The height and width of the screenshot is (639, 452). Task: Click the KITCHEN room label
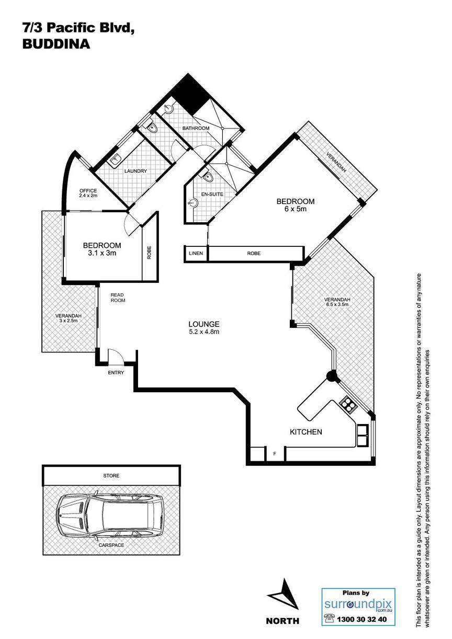(x=306, y=431)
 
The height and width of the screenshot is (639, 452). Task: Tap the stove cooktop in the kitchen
(x=348, y=404)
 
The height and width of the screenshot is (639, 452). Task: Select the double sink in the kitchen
(x=363, y=435)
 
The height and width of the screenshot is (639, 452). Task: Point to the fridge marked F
(x=275, y=453)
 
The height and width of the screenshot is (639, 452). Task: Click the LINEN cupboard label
(x=196, y=253)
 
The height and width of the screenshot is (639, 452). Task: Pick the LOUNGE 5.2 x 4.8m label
(x=204, y=327)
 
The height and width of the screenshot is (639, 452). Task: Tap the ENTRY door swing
(x=116, y=357)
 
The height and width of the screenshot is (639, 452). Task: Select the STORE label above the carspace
(x=111, y=475)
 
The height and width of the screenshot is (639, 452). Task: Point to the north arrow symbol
(x=283, y=594)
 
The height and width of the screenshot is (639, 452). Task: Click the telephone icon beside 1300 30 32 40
(x=329, y=626)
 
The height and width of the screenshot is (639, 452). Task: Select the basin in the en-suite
(x=194, y=203)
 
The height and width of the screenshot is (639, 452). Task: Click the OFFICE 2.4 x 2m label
(x=88, y=193)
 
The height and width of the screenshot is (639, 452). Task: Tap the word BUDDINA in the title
(x=56, y=44)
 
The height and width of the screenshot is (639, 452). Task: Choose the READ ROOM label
(x=118, y=298)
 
